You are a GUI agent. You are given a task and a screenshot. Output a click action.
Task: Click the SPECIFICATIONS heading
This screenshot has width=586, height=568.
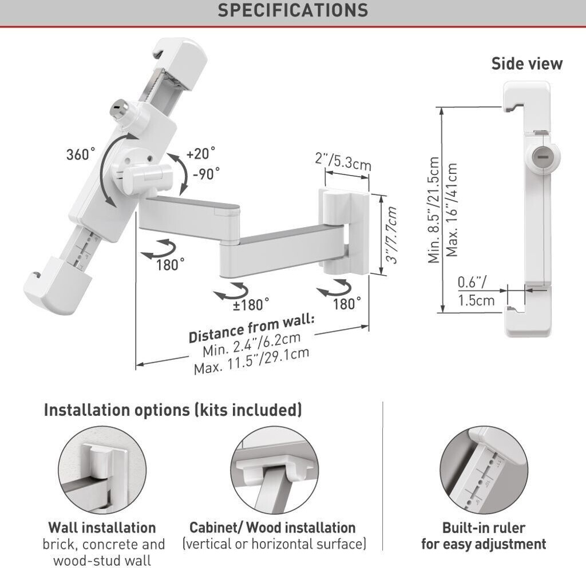click(x=293, y=10)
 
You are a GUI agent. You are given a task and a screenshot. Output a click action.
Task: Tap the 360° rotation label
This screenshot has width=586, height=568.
click(x=80, y=154)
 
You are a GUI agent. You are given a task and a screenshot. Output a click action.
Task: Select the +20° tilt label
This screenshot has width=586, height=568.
click(x=201, y=153)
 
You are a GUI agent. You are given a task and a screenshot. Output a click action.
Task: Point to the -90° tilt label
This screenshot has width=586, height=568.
click(x=206, y=173)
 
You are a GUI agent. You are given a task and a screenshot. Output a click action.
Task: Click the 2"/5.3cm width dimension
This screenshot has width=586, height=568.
click(x=343, y=161)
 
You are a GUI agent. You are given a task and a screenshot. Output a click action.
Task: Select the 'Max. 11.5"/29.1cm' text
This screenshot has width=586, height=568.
click(x=252, y=361)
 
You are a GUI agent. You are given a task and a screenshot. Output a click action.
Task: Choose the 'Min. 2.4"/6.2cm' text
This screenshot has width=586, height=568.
click(x=252, y=344)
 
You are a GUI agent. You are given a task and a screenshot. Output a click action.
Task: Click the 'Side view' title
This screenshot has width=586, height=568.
click(x=527, y=63)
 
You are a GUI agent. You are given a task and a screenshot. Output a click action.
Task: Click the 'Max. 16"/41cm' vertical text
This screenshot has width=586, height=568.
click(x=452, y=210)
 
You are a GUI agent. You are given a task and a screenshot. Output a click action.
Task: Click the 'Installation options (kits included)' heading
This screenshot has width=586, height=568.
click(x=173, y=410)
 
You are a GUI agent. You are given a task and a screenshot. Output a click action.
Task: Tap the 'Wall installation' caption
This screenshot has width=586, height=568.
click(x=102, y=527)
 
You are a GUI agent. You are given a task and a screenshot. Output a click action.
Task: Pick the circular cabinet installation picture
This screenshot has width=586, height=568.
click(x=275, y=470)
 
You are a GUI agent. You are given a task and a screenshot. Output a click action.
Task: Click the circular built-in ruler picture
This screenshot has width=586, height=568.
click(x=484, y=470)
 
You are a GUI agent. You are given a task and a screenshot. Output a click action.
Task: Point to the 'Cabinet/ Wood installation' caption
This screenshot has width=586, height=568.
click(x=272, y=527)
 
